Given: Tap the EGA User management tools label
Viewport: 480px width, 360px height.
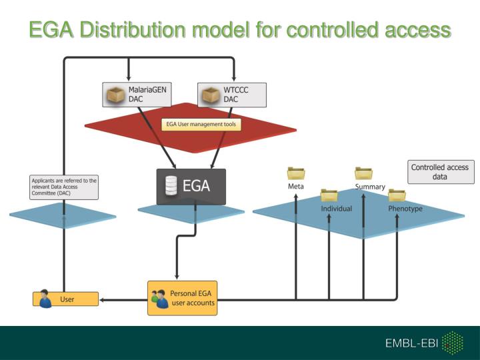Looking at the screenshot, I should pos(201,124).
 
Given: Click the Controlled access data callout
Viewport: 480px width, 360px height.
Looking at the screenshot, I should pos(439,172).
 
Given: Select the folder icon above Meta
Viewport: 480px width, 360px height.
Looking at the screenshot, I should pos(296,174).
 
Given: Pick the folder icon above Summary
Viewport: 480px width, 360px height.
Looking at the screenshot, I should pos(363,173).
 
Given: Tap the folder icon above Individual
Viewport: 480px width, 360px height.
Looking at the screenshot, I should pos(329,195).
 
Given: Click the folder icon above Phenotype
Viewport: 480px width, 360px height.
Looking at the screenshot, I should pos(397,195).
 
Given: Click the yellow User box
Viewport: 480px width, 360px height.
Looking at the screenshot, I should pos(66,299).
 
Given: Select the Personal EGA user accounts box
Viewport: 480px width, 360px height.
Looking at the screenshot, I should pos(182,298).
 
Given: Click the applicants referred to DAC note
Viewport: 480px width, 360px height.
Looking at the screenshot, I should pos(64,187).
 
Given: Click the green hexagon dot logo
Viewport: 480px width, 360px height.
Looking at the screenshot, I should pos(453,343).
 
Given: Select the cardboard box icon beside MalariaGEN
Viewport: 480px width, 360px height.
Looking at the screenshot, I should pos(117,95).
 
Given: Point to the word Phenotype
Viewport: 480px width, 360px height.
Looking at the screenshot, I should pos(405,209).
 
